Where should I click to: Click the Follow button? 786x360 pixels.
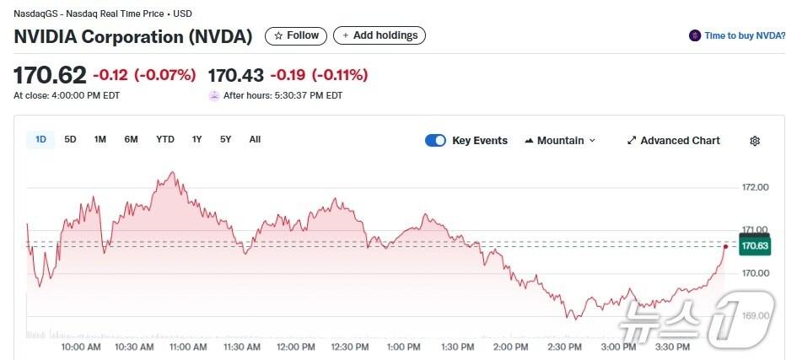[x=296, y=35]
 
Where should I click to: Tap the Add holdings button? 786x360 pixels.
[x=380, y=35]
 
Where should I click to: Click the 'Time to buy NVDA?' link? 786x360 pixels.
[x=736, y=35]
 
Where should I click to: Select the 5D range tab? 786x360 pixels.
[x=71, y=140]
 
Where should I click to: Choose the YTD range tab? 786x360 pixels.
[x=165, y=140]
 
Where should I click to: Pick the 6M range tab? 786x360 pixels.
[x=131, y=140]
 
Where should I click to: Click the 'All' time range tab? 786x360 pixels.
[x=255, y=140]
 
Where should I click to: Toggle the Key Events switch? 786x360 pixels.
[x=435, y=141]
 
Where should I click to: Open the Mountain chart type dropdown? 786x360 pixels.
[x=560, y=141]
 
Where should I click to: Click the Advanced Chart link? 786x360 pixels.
[x=673, y=141]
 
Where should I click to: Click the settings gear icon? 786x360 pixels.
[x=755, y=141]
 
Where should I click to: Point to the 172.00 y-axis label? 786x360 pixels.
[x=755, y=187]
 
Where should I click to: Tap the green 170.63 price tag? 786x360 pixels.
[x=754, y=246]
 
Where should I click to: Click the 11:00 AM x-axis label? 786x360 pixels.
[x=188, y=347]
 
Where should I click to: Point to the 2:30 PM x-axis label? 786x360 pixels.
[x=564, y=347]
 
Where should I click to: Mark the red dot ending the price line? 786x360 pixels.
[x=726, y=246]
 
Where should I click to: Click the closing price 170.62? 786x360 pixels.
[x=50, y=75]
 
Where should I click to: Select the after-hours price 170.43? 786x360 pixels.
[x=235, y=75]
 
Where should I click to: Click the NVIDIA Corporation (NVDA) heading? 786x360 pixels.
[x=133, y=36]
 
